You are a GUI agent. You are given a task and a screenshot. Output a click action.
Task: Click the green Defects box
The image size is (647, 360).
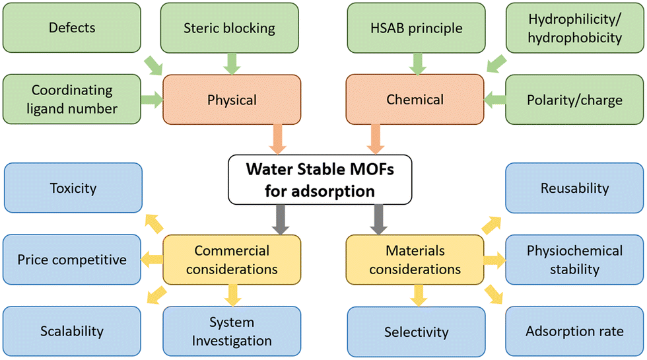[72, 28]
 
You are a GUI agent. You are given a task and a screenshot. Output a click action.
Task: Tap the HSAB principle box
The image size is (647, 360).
[416, 28]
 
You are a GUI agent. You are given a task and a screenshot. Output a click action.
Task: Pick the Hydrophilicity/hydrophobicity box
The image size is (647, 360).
[575, 28]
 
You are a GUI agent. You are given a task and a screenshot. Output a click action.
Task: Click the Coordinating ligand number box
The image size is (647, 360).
[72, 99]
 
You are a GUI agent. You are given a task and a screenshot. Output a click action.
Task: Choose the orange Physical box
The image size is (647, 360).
[232, 100]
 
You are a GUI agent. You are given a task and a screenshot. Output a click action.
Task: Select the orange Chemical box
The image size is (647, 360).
[415, 100]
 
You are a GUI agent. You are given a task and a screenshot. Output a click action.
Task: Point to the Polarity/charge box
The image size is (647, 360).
[575, 100]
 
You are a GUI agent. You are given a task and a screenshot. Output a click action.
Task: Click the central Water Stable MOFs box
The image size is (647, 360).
[320, 179]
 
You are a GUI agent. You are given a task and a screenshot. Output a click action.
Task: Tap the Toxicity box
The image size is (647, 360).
[73, 188]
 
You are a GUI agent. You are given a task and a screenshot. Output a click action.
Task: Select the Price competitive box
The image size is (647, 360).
[73, 259]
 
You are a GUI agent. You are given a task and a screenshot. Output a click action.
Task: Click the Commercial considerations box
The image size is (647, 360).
[232, 260]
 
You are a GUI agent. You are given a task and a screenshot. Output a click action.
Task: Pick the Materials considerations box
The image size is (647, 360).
[415, 260]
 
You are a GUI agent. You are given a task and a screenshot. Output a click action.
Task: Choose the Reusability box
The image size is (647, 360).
[574, 188]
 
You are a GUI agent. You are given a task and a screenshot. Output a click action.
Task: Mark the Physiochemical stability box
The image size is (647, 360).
[574, 259]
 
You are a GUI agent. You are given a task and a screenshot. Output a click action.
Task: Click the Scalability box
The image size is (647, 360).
[72, 331]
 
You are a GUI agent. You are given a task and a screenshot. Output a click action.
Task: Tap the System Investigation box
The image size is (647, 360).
[232, 331]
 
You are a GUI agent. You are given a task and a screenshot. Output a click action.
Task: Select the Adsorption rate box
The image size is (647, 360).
[574, 331]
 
